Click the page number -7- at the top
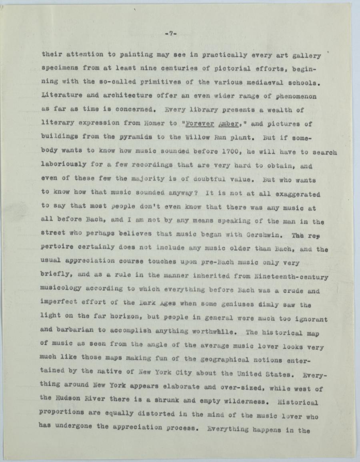pos(171,34)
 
